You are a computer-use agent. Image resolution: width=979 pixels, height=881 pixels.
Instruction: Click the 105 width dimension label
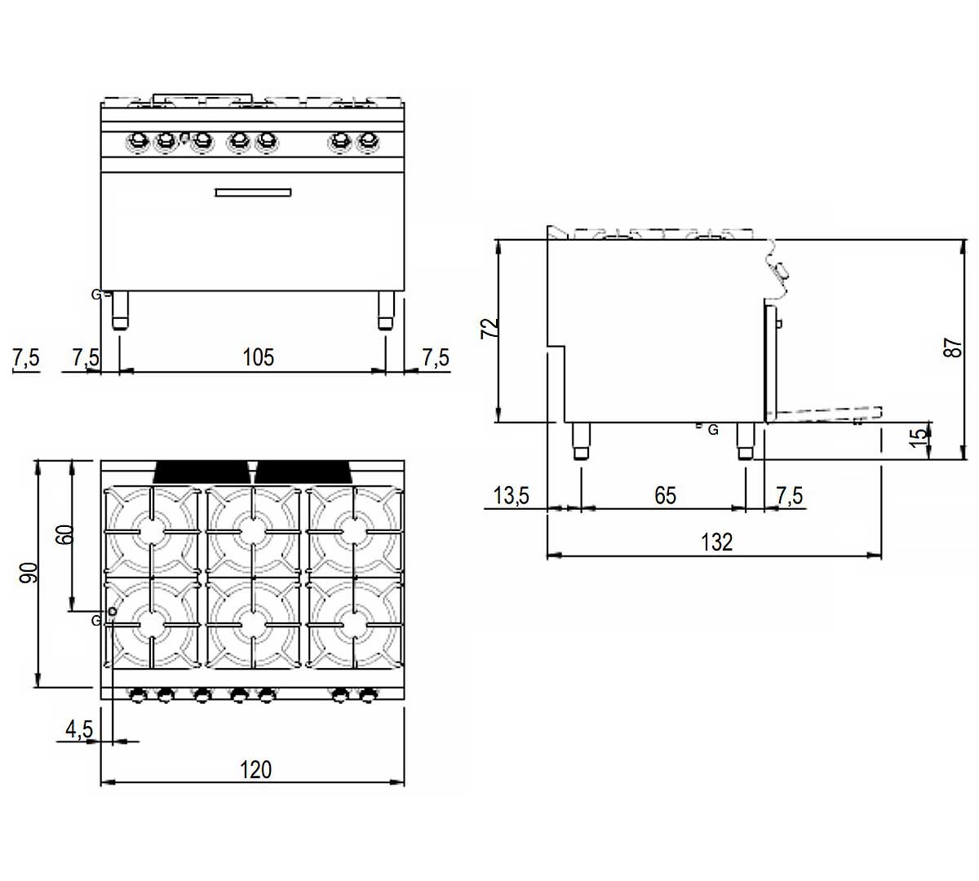point(258,357)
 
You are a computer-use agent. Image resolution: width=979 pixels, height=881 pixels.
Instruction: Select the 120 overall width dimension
point(255,770)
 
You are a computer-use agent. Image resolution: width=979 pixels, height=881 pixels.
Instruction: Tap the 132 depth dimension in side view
point(717,542)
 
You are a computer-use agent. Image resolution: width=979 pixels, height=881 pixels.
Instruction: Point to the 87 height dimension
point(953,348)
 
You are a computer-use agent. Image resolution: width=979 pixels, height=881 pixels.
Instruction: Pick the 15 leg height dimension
point(918,437)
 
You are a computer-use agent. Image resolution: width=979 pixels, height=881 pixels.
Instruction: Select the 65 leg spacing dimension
point(665,495)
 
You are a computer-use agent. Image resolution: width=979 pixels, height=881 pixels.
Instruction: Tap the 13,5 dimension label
point(511,495)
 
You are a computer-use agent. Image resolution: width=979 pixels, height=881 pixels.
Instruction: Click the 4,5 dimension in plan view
point(79,729)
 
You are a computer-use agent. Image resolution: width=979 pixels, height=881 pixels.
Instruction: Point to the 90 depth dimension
point(28,573)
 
